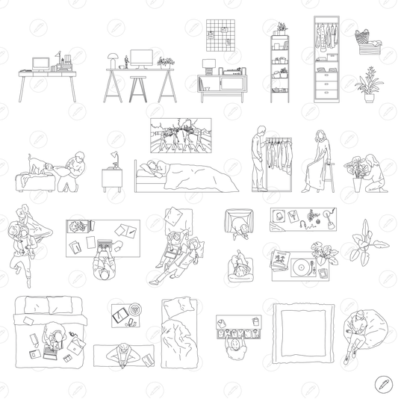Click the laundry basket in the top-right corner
click(x=365, y=43)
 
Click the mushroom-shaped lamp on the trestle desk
click(x=113, y=58)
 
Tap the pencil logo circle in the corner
click(x=384, y=384)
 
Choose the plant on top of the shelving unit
click(x=281, y=28)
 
